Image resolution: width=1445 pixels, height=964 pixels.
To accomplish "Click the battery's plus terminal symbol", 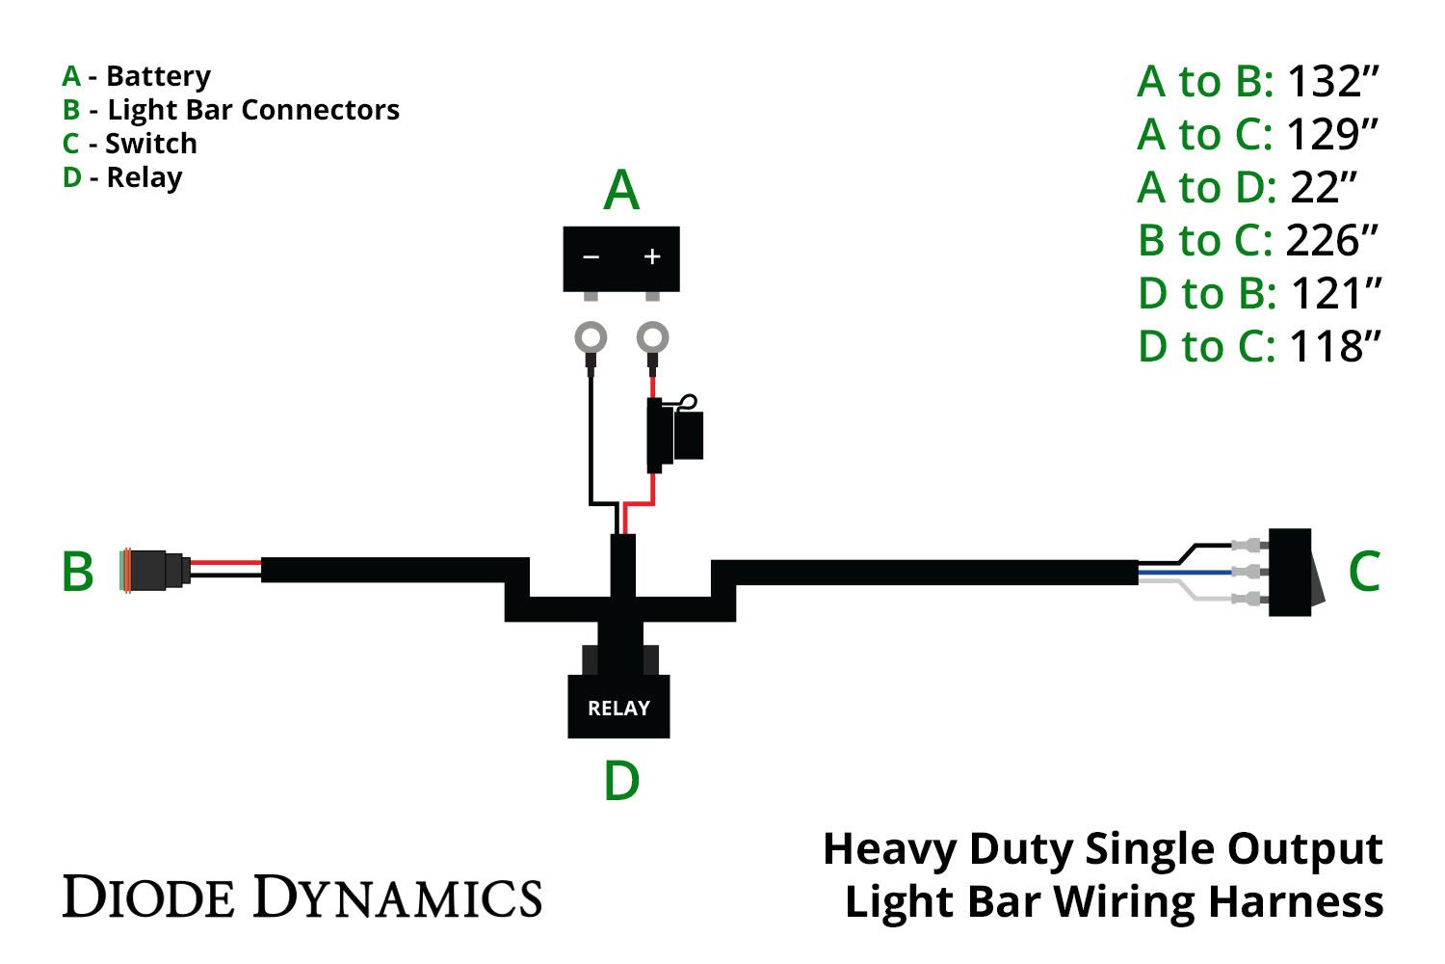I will [652, 256].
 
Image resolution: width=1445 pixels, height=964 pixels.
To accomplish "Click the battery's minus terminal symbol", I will [591, 256].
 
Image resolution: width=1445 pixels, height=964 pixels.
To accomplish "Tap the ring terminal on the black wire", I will [591, 338].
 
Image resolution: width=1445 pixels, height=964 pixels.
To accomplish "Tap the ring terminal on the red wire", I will [652, 338].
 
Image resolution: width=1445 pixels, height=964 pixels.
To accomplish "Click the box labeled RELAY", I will [618, 707].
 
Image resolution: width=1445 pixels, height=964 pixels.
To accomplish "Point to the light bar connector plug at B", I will [153, 571].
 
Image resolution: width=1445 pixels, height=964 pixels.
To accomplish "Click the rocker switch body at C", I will [1291, 572].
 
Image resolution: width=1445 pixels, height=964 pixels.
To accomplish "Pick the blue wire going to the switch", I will [1185, 573].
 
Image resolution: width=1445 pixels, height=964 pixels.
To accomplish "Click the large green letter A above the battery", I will [621, 191].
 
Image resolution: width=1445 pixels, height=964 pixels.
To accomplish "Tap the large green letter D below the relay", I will [621, 781].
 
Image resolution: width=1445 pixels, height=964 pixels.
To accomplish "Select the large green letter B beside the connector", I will [78, 572].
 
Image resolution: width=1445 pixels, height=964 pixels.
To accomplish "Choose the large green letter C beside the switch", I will [1364, 571].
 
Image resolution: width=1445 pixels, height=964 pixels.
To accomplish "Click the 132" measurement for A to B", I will [1333, 82].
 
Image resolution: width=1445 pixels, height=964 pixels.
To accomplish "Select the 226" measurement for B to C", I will [1333, 241].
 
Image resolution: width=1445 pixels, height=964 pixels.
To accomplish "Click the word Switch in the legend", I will [151, 144].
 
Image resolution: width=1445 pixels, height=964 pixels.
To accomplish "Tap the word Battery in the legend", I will [158, 76].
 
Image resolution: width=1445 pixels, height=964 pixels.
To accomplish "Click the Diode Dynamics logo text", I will [302, 897].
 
